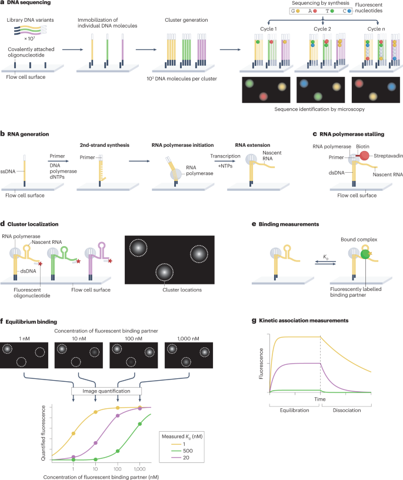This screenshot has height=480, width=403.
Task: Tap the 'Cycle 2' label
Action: click(318, 29)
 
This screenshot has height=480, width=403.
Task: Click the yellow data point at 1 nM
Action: click(74, 434)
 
